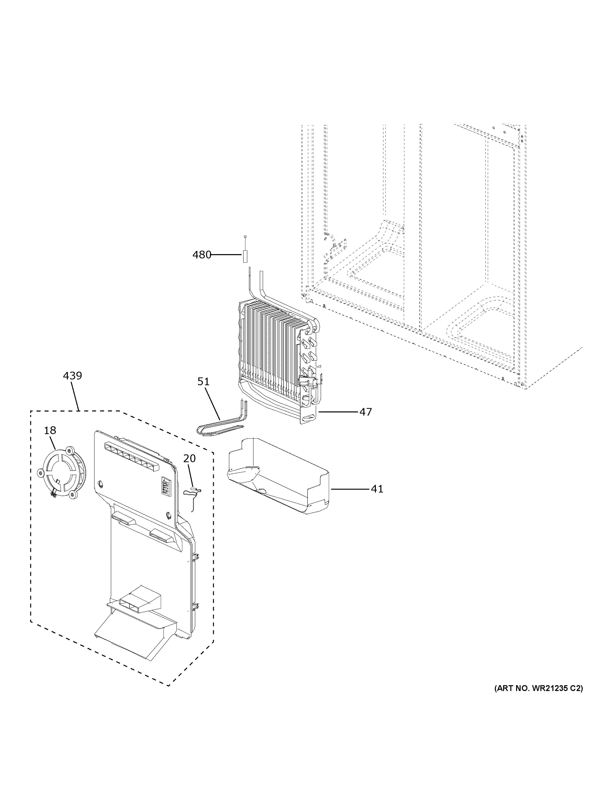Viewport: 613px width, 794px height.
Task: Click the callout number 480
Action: pyautogui.click(x=202, y=255)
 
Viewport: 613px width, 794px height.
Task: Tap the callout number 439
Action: pyautogui.click(x=72, y=375)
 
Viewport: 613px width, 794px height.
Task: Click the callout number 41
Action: pyautogui.click(x=377, y=489)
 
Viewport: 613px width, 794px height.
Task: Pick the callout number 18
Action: pyautogui.click(x=50, y=430)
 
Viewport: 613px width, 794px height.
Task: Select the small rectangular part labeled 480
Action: pyautogui.click(x=245, y=256)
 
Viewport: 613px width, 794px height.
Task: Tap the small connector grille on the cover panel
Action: pyautogui.click(x=165, y=485)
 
